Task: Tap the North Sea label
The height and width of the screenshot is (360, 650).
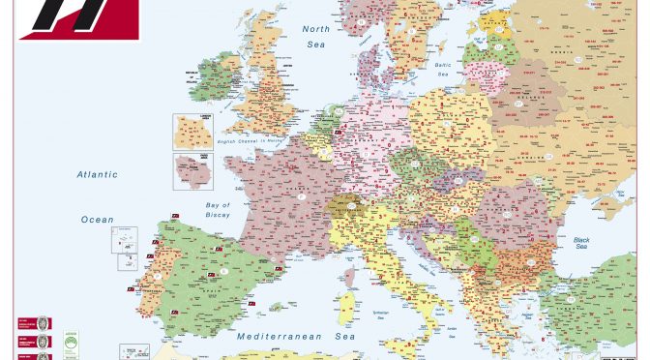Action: pos(315,36)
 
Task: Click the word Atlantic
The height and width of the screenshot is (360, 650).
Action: pos(98,175)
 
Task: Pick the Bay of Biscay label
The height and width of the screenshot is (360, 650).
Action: pos(219,209)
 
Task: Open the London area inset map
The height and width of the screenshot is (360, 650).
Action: pos(192,131)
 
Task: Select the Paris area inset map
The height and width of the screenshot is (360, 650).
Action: pos(192,172)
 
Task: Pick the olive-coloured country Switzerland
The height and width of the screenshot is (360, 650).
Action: pos(344,207)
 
